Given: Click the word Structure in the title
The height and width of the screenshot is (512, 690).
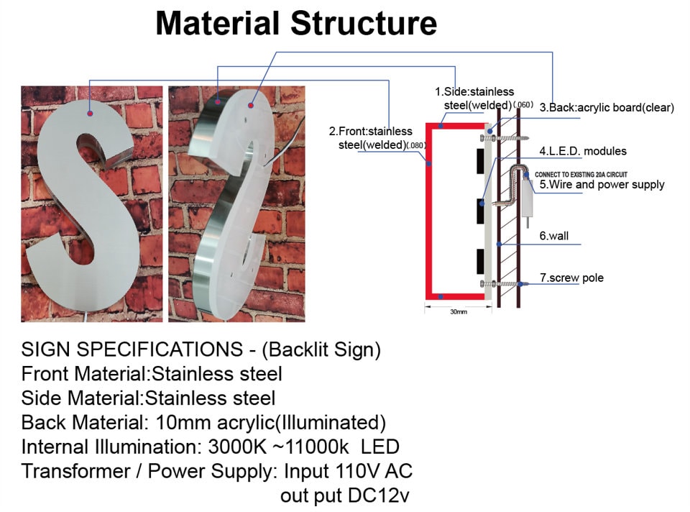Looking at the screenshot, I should (x=364, y=24).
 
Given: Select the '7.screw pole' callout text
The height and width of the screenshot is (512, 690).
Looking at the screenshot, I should (x=571, y=278).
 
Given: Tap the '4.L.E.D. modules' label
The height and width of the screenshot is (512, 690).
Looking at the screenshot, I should (x=583, y=151).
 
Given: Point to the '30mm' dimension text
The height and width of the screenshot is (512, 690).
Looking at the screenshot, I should (x=459, y=312).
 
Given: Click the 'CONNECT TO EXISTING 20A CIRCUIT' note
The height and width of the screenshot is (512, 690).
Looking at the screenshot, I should (x=590, y=174).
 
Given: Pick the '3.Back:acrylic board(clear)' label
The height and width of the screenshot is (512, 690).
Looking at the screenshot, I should (x=607, y=108).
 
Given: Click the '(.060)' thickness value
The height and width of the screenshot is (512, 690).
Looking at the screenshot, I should (x=523, y=105).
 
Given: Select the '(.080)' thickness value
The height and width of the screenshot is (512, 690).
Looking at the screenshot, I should (x=417, y=145).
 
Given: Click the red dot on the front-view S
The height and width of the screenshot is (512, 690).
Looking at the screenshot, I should (x=89, y=113).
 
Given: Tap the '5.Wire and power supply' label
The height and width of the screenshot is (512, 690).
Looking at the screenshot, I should (x=602, y=185).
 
